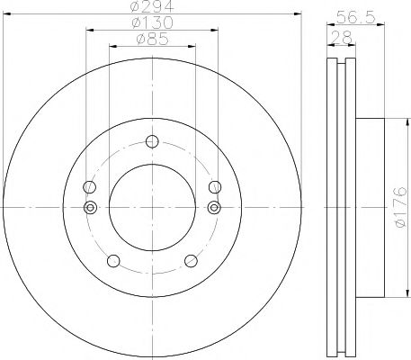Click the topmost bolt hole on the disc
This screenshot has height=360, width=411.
[151, 140]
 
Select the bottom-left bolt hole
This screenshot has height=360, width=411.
[112, 261]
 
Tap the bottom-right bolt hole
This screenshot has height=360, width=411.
[190, 261]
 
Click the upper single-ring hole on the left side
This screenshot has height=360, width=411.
[88, 187]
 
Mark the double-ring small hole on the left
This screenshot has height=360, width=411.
[88, 208]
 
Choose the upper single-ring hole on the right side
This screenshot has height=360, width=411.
[214, 187]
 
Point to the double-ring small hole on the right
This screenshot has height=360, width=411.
[214, 208]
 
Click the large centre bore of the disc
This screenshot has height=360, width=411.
[151, 207]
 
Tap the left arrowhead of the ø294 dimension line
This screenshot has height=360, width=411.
[22, 16]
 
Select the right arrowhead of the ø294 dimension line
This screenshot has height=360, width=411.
[281, 16]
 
